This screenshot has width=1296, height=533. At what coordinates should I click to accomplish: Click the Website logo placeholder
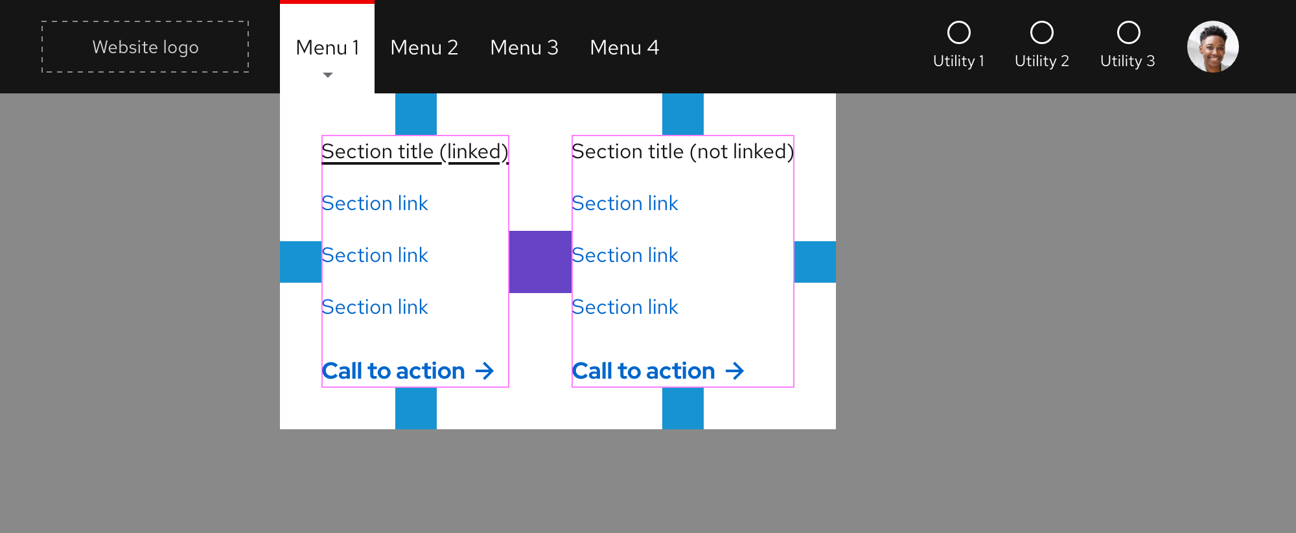(x=145, y=47)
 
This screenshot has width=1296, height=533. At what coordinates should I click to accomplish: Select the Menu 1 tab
(x=327, y=48)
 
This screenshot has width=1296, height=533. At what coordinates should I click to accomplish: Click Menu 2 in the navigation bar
(x=424, y=48)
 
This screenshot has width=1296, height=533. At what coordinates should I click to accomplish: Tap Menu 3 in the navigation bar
(x=524, y=48)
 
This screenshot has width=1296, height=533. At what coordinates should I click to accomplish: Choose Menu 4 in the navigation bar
(x=624, y=48)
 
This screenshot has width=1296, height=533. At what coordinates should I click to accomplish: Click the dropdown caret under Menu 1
(x=328, y=75)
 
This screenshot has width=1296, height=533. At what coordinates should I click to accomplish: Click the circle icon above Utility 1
(x=959, y=32)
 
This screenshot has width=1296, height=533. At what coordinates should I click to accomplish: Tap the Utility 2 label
(x=1041, y=61)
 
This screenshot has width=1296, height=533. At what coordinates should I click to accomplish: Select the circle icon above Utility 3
(x=1128, y=32)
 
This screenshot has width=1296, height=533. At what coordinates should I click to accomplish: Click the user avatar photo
(x=1212, y=47)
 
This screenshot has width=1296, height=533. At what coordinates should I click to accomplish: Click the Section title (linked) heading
(x=415, y=152)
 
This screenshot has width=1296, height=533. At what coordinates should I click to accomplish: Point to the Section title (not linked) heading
(x=682, y=152)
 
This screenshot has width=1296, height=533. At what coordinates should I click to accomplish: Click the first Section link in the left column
(x=375, y=204)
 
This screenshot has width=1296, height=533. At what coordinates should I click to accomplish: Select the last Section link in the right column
(x=625, y=307)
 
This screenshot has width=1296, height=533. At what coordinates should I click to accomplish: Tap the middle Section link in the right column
(x=625, y=255)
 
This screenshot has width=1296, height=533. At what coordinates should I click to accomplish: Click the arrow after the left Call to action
(x=485, y=371)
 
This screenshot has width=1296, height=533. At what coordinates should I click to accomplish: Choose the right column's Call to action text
(x=643, y=371)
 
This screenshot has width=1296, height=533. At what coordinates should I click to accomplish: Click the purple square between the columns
(x=540, y=262)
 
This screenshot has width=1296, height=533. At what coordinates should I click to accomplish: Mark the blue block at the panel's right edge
(x=815, y=262)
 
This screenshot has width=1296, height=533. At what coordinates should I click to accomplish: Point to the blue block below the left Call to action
(x=416, y=409)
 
